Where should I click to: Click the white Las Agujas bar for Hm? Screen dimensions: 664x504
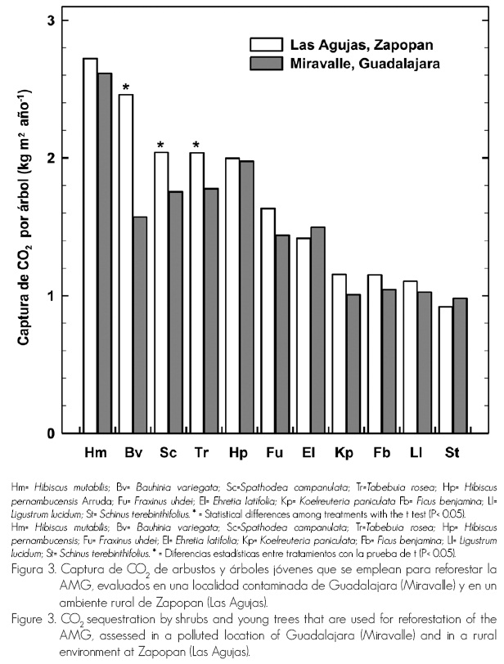90,245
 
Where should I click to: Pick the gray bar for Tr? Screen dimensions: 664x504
211,311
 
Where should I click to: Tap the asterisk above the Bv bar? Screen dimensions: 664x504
125,87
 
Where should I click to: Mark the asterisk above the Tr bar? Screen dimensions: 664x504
196,146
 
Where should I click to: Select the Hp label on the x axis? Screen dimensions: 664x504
239,451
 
